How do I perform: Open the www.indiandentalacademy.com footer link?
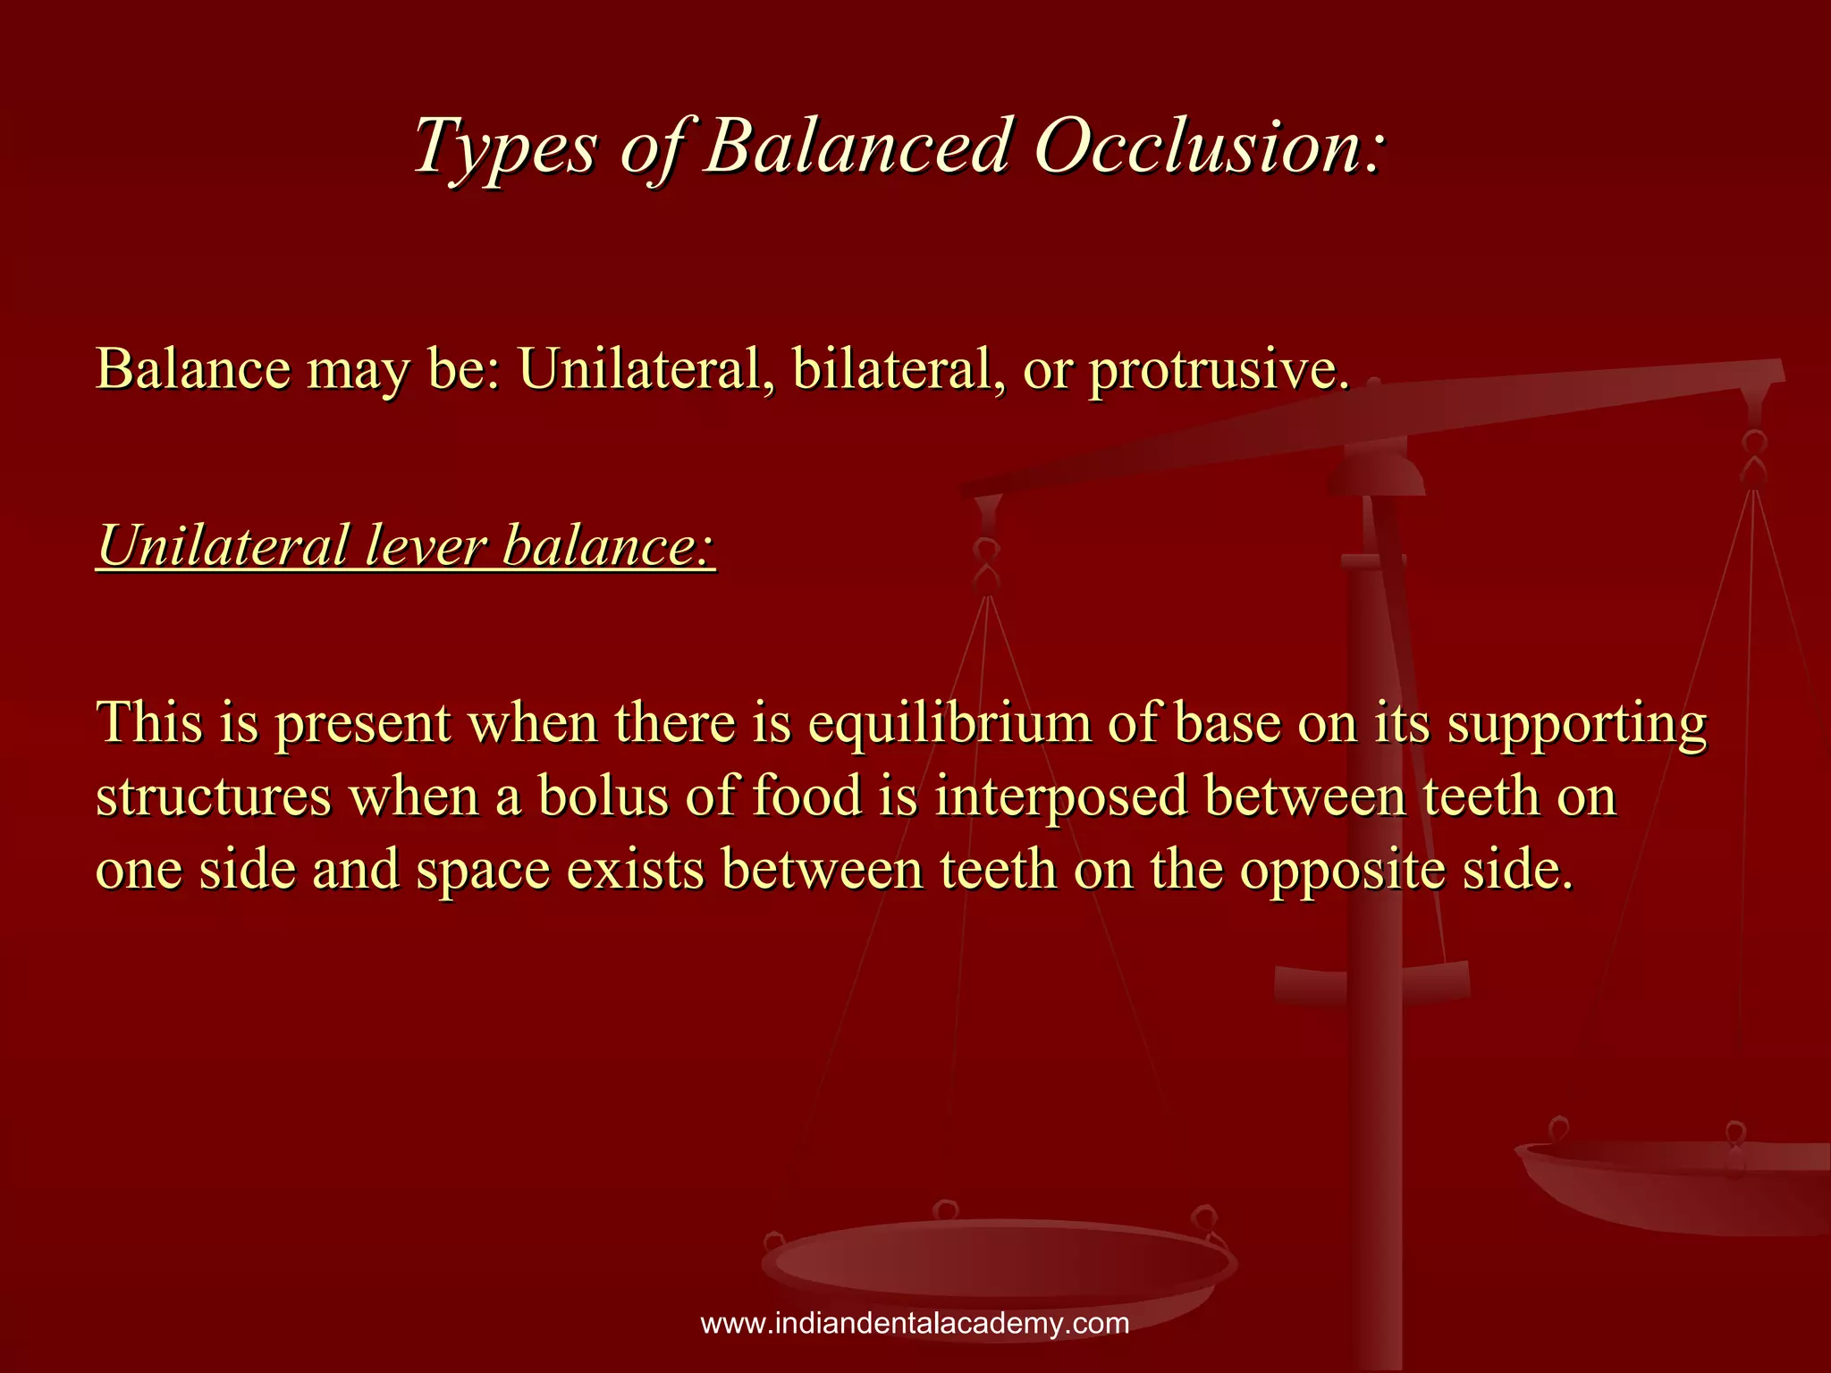pos(915,1323)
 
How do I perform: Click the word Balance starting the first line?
pos(193,368)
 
